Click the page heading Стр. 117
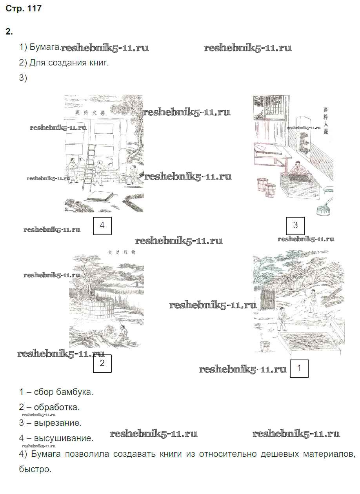point(24,9)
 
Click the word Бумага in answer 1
point(44,47)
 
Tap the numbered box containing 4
point(102,225)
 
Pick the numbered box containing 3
point(295,225)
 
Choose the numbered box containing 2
point(102,363)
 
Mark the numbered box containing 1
point(299,369)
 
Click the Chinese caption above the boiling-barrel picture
point(122,253)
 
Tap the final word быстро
point(35,469)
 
